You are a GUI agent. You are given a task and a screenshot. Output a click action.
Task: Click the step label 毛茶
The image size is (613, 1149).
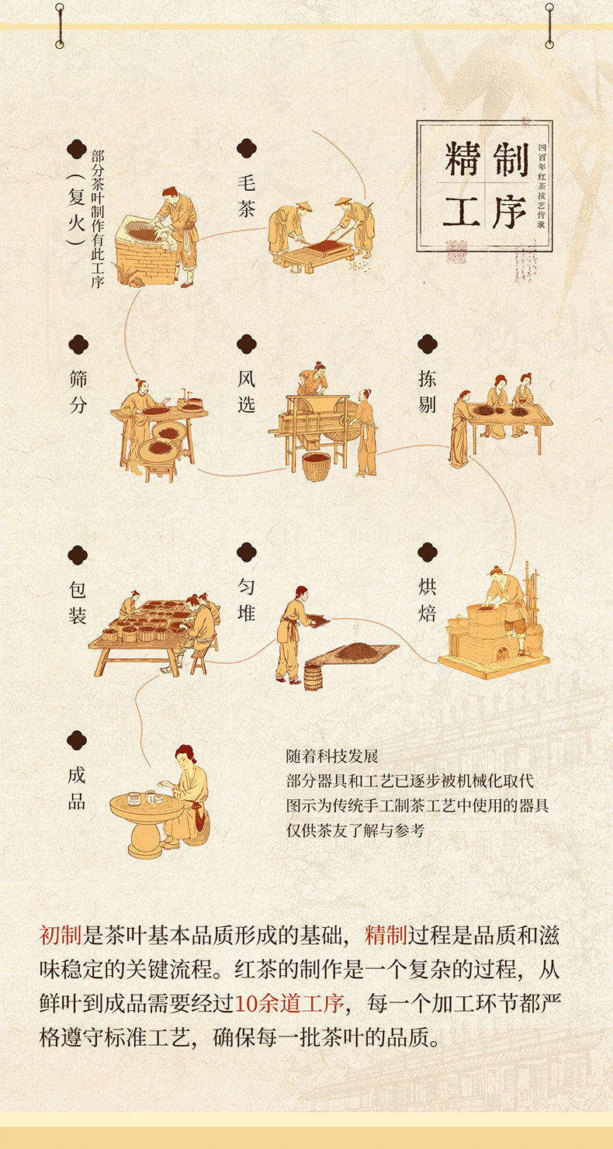246,196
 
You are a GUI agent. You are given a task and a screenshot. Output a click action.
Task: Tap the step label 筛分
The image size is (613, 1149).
78,392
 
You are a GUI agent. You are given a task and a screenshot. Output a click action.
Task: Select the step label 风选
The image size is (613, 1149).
246,392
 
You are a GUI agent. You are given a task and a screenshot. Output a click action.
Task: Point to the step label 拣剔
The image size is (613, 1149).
428,392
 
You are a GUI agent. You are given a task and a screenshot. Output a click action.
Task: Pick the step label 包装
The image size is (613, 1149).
78,602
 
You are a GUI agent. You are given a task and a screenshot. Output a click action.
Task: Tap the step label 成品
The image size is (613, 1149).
77,788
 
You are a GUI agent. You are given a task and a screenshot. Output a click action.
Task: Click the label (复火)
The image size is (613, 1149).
77,209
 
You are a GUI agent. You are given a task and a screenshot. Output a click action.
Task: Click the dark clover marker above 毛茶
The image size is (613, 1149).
247,148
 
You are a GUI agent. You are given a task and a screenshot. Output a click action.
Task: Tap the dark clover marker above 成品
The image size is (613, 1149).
77,740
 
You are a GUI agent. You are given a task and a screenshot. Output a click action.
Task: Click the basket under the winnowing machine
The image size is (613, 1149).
316,465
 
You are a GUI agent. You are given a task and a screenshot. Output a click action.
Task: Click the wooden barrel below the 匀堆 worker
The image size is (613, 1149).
313,677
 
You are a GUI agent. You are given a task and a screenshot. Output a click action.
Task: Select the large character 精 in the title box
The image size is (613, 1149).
462,160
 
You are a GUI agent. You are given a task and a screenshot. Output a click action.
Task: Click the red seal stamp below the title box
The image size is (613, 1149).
456,251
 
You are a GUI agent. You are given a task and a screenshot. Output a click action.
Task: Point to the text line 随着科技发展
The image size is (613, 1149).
332,756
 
